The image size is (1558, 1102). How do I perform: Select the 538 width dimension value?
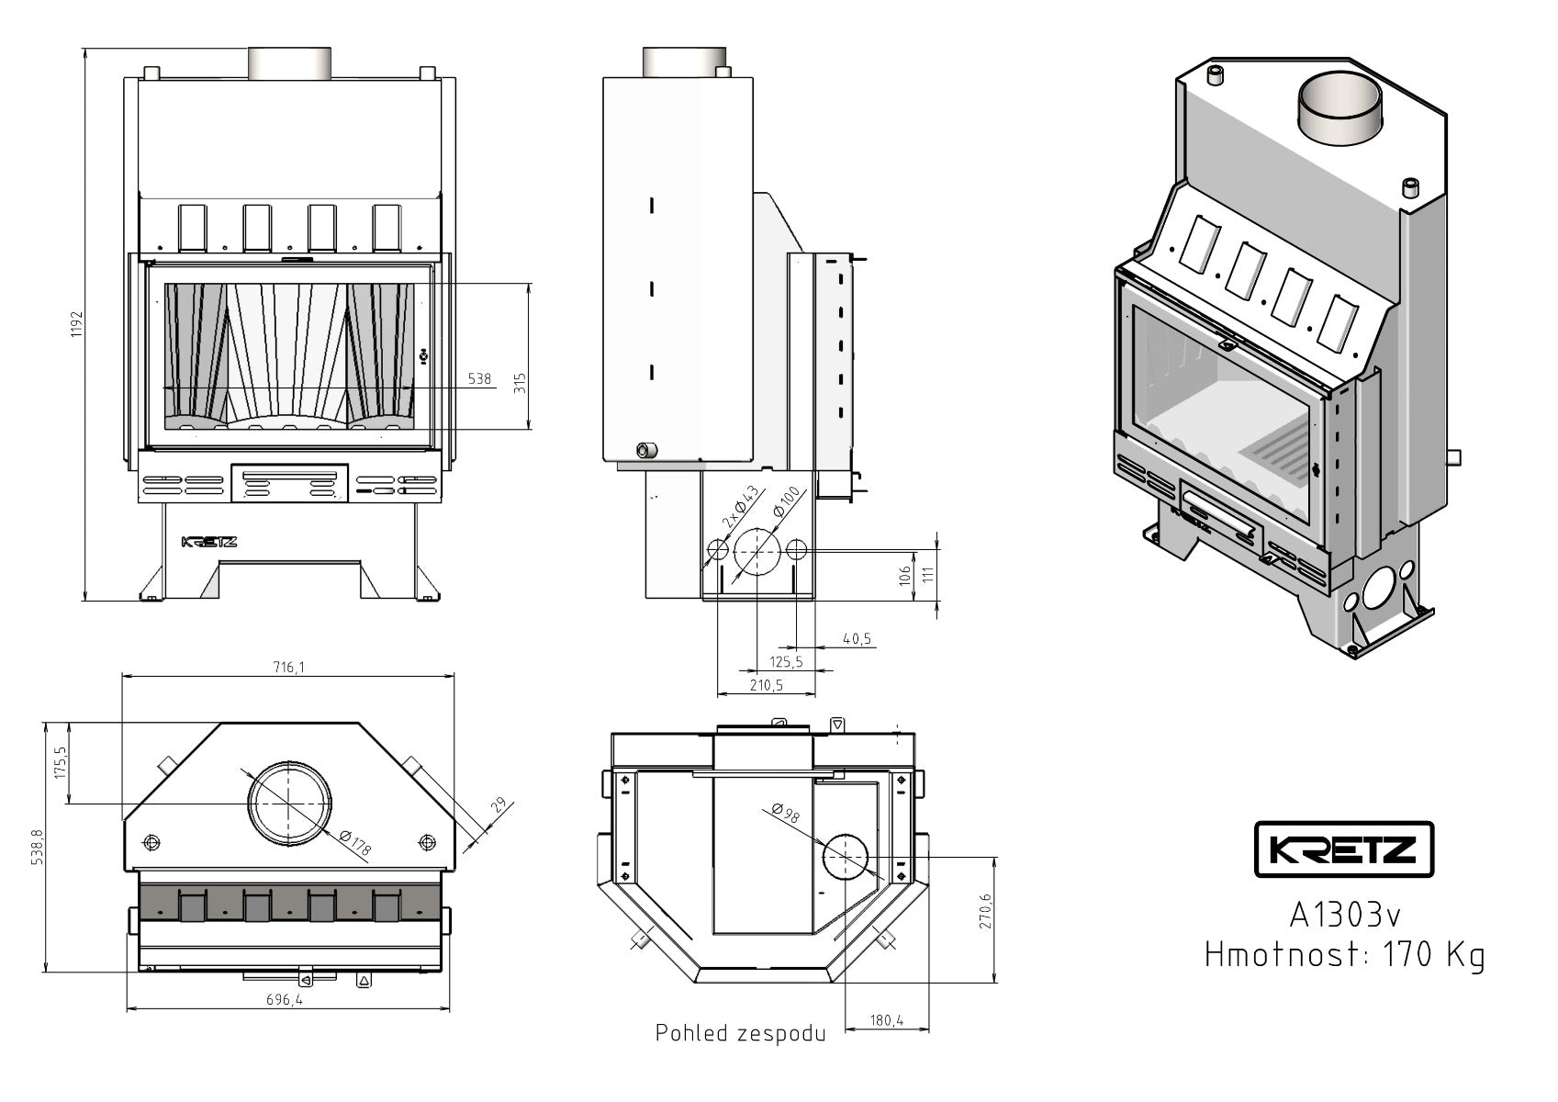479,378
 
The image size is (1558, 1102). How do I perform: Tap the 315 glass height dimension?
519,381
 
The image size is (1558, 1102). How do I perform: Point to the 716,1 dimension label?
287,667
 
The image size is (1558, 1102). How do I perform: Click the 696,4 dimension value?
285,1000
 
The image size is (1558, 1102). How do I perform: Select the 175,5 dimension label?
62,763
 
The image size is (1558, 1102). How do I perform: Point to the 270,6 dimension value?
986,912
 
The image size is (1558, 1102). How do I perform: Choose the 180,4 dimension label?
886,1019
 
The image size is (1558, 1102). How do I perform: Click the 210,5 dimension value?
767,685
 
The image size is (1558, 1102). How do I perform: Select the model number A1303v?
1345,915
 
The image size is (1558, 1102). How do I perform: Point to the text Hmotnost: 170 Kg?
1344,955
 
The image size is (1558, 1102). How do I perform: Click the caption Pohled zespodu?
740,1033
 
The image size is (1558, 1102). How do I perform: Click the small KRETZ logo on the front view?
209,542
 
